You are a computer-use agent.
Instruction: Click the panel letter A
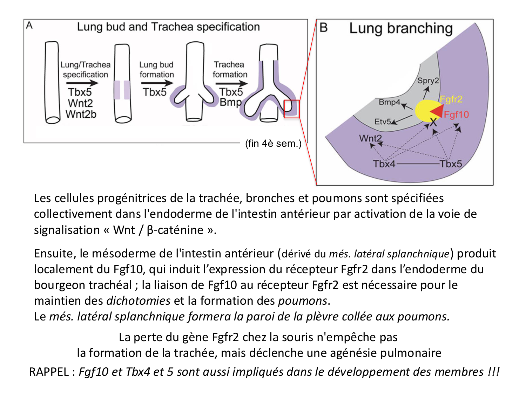click(x=29, y=26)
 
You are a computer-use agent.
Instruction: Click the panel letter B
click(x=324, y=28)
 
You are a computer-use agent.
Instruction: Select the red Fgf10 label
click(x=456, y=115)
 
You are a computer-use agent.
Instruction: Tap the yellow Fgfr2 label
click(x=451, y=99)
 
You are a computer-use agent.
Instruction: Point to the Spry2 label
click(x=428, y=81)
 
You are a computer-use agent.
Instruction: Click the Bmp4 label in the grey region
click(x=389, y=102)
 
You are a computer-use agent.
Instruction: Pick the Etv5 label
click(x=383, y=122)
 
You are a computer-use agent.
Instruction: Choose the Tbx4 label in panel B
click(x=384, y=164)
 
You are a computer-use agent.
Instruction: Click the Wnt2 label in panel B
click(x=370, y=138)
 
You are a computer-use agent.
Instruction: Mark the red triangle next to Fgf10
click(x=437, y=111)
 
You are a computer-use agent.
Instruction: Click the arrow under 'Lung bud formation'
click(x=157, y=83)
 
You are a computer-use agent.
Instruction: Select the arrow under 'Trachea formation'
click(x=231, y=83)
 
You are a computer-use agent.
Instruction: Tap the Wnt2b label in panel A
click(x=81, y=114)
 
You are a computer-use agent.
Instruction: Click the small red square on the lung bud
click(x=291, y=109)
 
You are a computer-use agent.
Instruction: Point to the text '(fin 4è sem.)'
click(x=273, y=144)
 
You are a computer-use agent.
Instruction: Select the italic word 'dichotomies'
click(x=138, y=301)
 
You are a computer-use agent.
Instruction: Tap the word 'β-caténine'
click(x=175, y=230)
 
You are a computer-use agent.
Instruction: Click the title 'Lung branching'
click(x=401, y=28)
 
